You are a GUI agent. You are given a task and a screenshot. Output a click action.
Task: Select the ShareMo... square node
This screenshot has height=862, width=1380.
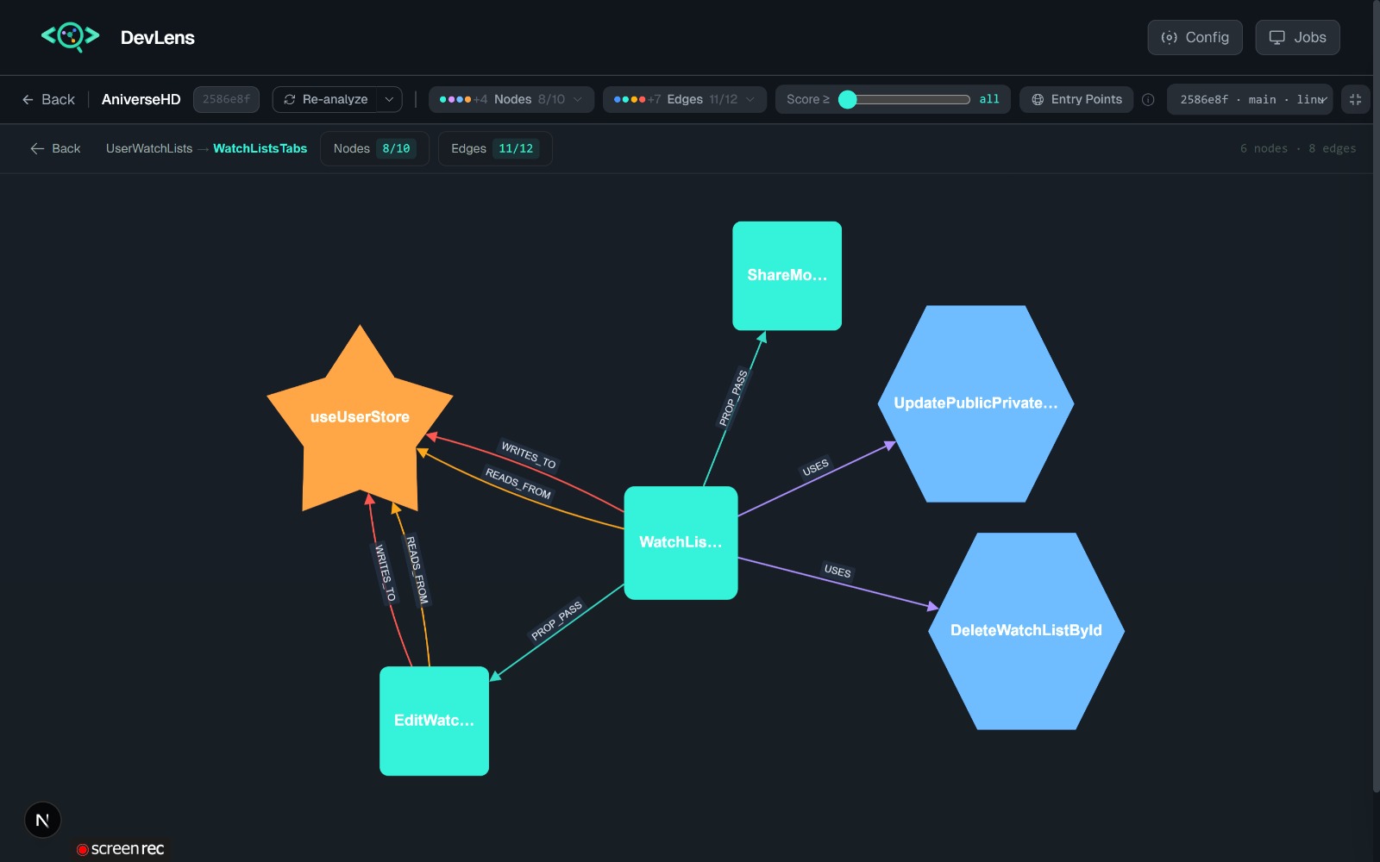(x=787, y=276)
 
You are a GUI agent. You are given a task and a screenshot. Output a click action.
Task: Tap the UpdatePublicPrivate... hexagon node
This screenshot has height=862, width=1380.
(x=975, y=404)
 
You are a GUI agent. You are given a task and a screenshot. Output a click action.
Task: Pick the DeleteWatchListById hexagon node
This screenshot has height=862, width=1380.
(x=1026, y=631)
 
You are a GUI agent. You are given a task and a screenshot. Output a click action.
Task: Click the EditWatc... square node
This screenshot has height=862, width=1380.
(x=435, y=721)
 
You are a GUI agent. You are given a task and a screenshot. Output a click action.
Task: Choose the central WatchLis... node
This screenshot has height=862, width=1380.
(x=681, y=542)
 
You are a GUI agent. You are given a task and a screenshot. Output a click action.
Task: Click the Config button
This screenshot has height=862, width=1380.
(x=1195, y=38)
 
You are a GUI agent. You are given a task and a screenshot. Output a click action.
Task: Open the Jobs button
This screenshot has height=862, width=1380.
(x=1297, y=38)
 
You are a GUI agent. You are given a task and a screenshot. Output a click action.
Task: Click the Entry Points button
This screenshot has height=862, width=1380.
(x=1076, y=99)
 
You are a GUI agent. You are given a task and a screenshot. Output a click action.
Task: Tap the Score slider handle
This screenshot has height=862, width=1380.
(x=848, y=100)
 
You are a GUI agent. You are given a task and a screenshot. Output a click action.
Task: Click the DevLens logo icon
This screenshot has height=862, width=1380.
(x=70, y=37)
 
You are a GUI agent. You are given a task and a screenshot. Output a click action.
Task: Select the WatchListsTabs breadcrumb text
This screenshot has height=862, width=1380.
(x=260, y=148)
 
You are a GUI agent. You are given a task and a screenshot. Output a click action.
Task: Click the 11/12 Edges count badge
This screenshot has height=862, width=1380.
(x=516, y=148)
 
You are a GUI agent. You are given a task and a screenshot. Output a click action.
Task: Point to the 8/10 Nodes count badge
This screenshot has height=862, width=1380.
(x=396, y=148)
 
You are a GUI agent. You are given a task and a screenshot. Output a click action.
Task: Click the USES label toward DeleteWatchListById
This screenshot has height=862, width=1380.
(x=837, y=571)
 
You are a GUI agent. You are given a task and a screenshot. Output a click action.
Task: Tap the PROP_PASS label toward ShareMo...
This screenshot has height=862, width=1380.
(x=733, y=397)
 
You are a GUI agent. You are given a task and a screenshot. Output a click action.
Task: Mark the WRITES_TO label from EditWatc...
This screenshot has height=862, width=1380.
(x=385, y=573)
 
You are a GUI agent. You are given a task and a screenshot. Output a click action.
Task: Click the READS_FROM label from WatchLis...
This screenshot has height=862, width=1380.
(x=518, y=483)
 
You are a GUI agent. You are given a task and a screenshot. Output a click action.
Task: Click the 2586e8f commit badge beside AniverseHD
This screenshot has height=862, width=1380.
(x=226, y=99)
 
